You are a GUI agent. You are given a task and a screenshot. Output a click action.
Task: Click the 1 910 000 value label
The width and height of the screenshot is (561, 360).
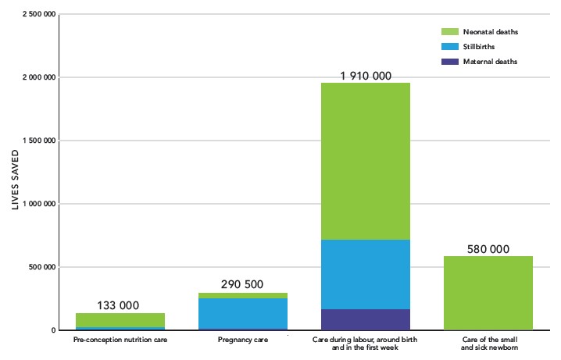coord(366,76)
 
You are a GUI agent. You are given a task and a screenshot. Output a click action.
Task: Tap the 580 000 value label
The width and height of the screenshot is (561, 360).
coord(488,249)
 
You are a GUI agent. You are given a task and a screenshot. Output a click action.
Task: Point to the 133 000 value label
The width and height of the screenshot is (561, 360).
coord(120,306)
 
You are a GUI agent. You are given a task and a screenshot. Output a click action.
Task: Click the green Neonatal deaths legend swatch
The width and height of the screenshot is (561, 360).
coord(449,32)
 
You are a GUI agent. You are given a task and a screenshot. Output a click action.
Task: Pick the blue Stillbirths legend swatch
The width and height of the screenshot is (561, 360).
coord(449,47)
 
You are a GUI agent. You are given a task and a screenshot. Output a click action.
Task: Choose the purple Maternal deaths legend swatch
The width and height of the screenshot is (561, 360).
coord(449,61)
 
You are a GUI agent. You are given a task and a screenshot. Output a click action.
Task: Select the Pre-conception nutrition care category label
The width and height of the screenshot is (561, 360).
coord(120,341)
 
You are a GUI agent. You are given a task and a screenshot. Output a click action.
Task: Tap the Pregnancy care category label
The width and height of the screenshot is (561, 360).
coord(242,341)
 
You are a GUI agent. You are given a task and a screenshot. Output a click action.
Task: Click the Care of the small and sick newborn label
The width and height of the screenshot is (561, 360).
coord(488,344)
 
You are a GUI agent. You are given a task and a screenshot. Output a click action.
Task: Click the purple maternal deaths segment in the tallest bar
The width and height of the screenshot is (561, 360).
coord(366,319)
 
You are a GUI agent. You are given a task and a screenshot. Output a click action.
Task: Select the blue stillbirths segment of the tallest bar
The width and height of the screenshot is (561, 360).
coord(366,274)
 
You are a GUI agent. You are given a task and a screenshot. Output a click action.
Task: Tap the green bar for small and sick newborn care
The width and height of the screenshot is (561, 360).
coord(488,293)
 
